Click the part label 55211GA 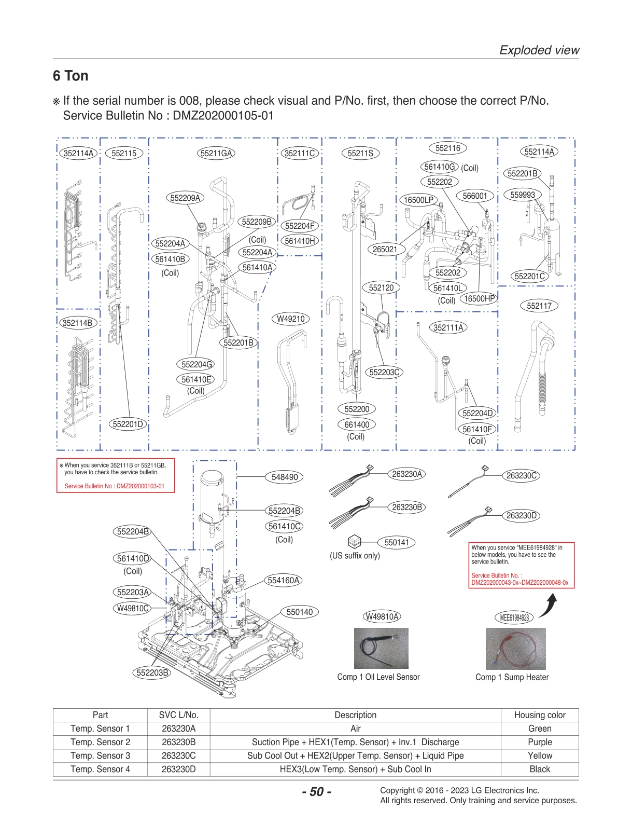(x=216, y=153)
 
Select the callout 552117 (x=539, y=306)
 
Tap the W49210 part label (x=290, y=319)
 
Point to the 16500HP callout (x=479, y=298)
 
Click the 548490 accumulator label (x=285, y=477)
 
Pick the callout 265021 (x=385, y=249)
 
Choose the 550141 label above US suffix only (x=397, y=542)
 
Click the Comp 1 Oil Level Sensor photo (x=381, y=648)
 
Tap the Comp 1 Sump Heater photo (x=515, y=649)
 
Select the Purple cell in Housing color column (x=540, y=742)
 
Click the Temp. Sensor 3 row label (x=100, y=756)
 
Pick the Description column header (x=355, y=715)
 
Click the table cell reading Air (x=355, y=729)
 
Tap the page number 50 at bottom (x=316, y=791)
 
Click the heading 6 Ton (x=71, y=76)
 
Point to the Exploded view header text (x=539, y=50)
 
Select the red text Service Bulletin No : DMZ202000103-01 (x=114, y=486)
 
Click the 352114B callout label (x=78, y=323)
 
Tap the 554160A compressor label (x=284, y=580)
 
